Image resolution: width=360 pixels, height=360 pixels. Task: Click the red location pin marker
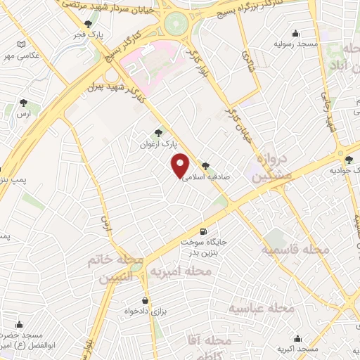coord(181,165)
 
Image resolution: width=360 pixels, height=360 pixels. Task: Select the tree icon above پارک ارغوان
coord(158,132)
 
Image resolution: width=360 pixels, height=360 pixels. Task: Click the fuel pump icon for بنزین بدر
coord(204,231)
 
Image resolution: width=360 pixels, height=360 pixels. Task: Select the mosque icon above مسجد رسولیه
coord(296,32)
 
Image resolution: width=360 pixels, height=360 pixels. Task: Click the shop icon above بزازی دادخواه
coord(146,300)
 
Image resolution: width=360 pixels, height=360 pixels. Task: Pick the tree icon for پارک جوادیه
coord(349,160)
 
